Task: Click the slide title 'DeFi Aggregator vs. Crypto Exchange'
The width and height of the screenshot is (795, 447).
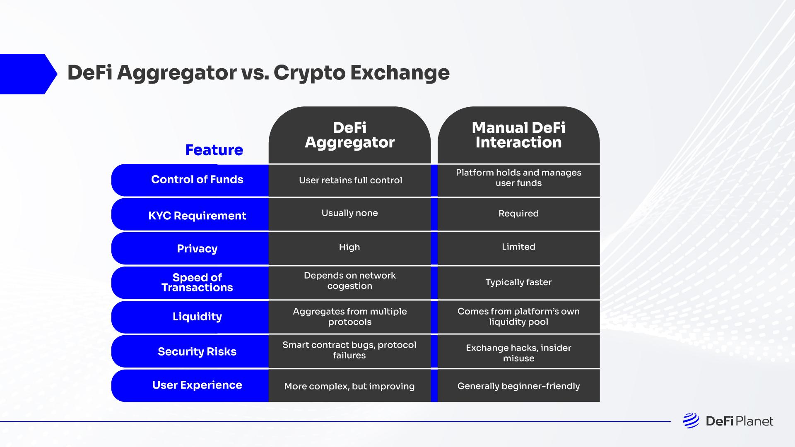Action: click(258, 73)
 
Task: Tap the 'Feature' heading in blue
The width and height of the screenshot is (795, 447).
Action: click(214, 150)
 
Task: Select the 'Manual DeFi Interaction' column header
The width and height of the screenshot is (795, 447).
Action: click(518, 135)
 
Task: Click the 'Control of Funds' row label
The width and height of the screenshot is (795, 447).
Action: click(197, 180)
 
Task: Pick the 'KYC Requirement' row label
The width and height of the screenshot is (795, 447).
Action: click(197, 216)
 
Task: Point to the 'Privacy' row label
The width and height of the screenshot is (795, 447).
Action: click(197, 248)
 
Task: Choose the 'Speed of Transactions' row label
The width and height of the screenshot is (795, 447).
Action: click(197, 282)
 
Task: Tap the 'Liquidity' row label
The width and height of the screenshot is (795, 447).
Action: click(197, 317)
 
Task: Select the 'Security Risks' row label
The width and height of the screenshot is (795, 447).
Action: click(197, 351)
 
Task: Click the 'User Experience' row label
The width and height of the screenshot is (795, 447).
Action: click(197, 385)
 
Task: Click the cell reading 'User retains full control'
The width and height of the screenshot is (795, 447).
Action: click(350, 180)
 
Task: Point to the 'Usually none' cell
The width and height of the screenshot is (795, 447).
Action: click(349, 213)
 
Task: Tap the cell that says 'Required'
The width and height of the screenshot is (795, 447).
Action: click(518, 214)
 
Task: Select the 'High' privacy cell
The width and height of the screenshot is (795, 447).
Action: click(349, 247)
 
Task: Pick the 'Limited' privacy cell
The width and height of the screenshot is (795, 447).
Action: click(518, 247)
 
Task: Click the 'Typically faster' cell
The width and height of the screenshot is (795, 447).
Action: click(518, 282)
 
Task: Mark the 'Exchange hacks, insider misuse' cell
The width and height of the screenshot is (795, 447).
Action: click(518, 353)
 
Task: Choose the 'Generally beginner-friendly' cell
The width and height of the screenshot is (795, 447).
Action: click(518, 386)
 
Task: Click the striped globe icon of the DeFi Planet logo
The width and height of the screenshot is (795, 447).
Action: click(691, 421)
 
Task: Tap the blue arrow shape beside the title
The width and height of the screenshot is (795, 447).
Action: click(27, 74)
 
